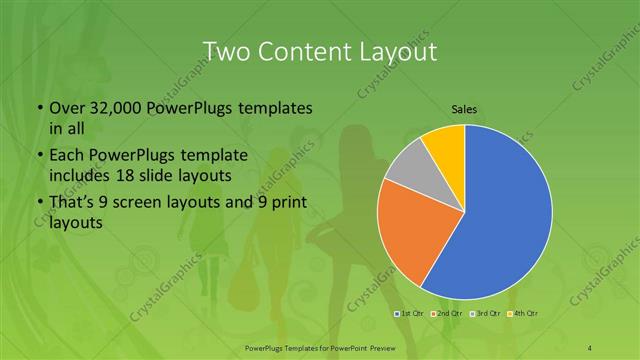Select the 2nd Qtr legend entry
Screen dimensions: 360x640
coord(450,315)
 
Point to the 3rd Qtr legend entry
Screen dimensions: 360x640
coord(487,315)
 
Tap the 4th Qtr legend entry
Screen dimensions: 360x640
coord(524,315)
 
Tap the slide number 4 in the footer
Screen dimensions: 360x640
coord(590,346)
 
